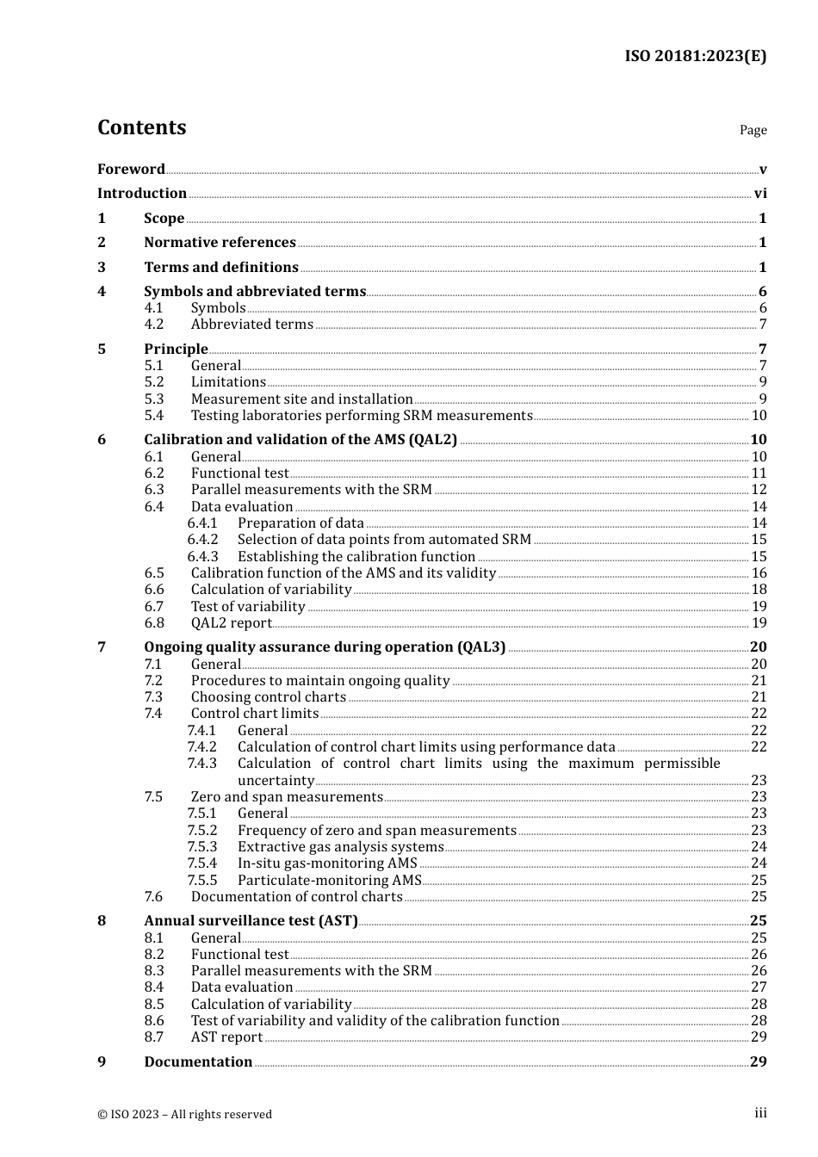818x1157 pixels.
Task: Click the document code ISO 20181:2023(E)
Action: click(695, 56)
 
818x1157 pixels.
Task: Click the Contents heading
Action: click(141, 127)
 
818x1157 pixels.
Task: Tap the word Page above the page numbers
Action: click(753, 130)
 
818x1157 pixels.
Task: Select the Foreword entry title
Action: click(131, 169)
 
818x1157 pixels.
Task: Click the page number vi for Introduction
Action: click(759, 194)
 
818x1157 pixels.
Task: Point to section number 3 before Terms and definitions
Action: click(102, 268)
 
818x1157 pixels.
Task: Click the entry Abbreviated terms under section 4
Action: click(251, 325)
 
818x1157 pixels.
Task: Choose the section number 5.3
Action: click(153, 399)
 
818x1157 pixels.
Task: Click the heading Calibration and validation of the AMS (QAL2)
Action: click(301, 440)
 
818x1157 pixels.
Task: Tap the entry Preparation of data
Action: click(301, 523)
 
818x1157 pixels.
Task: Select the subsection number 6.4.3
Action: click(202, 557)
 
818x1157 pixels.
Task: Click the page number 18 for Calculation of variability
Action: click(759, 590)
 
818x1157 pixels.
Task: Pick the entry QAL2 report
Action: click(231, 623)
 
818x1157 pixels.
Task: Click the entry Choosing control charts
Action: click(268, 697)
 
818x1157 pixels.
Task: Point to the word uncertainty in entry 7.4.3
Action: click(276, 781)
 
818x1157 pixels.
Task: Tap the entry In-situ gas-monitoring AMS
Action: click(327, 863)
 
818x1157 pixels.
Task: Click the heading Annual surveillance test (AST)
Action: click(251, 921)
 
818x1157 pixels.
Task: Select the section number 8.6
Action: click(153, 1021)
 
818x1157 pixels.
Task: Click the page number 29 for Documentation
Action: click(758, 1062)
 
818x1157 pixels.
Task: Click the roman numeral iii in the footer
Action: click(760, 1113)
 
